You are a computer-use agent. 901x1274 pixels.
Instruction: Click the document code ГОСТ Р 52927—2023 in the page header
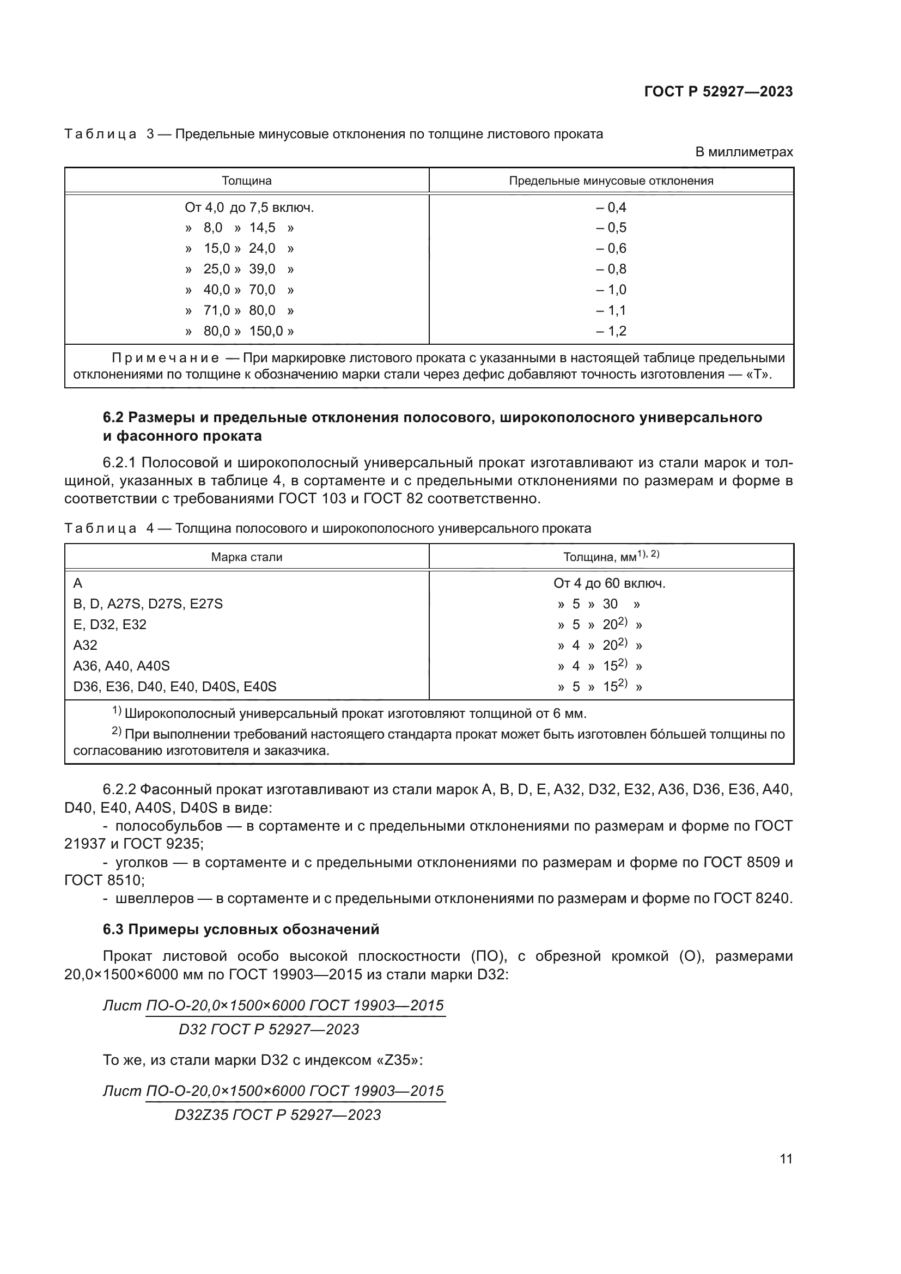click(x=718, y=92)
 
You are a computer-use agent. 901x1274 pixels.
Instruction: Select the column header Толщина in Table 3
click(x=246, y=181)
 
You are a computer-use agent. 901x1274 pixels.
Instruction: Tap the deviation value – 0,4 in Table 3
click(x=611, y=208)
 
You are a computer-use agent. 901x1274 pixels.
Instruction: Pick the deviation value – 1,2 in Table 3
click(x=611, y=331)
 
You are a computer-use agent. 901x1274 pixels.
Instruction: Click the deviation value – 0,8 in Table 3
click(x=611, y=269)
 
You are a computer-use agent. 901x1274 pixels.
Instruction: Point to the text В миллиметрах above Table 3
click(x=744, y=152)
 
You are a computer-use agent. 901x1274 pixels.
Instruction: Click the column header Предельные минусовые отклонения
click(x=611, y=181)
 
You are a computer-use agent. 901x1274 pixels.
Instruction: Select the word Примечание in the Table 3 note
click(x=165, y=358)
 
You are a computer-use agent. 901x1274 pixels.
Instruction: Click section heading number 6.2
click(x=114, y=417)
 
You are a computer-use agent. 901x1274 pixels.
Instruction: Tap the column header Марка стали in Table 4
click(x=246, y=557)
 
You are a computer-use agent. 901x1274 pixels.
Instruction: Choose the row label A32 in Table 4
click(x=86, y=645)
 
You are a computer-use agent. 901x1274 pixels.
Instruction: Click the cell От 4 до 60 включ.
click(x=609, y=584)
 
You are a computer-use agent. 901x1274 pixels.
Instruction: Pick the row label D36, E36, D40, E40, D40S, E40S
click(x=175, y=687)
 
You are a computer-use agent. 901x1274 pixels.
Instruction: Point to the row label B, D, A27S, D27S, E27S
click(x=148, y=604)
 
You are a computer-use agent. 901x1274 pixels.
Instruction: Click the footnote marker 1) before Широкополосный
click(x=117, y=711)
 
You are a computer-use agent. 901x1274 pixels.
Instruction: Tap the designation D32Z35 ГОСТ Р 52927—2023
click(x=277, y=1115)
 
